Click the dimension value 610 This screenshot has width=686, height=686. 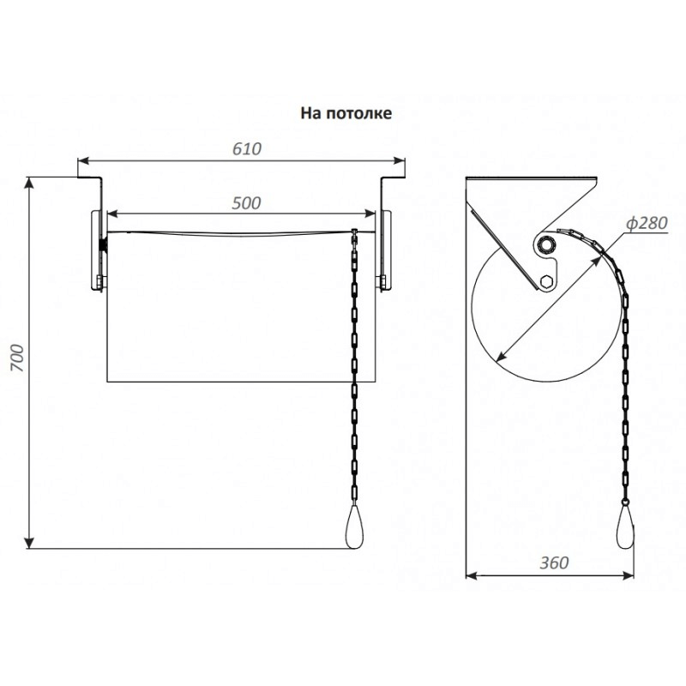[x=247, y=149]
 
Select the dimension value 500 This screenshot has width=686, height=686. [x=246, y=203]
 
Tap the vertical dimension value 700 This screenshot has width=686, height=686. [x=17, y=358]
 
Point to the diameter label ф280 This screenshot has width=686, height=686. [x=647, y=223]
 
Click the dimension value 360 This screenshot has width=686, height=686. [x=554, y=563]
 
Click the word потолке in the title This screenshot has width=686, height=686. [x=359, y=113]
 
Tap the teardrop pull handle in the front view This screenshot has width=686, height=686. [x=354, y=527]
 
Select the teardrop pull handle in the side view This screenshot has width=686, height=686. [x=625, y=528]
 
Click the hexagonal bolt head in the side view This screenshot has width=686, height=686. [x=545, y=281]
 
